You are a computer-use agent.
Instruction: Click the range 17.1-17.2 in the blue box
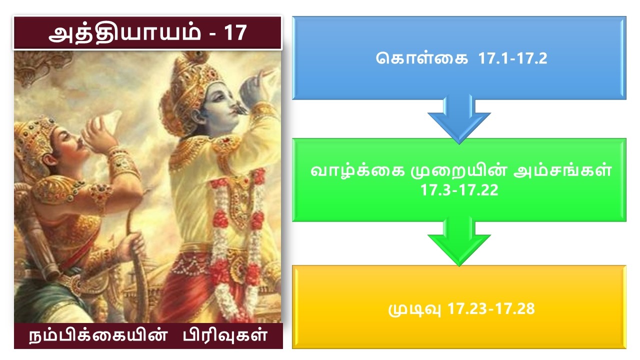pos(512,58)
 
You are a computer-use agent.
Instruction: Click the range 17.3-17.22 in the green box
pos(459,190)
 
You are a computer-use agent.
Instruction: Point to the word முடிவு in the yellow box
pos(415,308)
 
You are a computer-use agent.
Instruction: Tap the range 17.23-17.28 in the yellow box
pos(491,308)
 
